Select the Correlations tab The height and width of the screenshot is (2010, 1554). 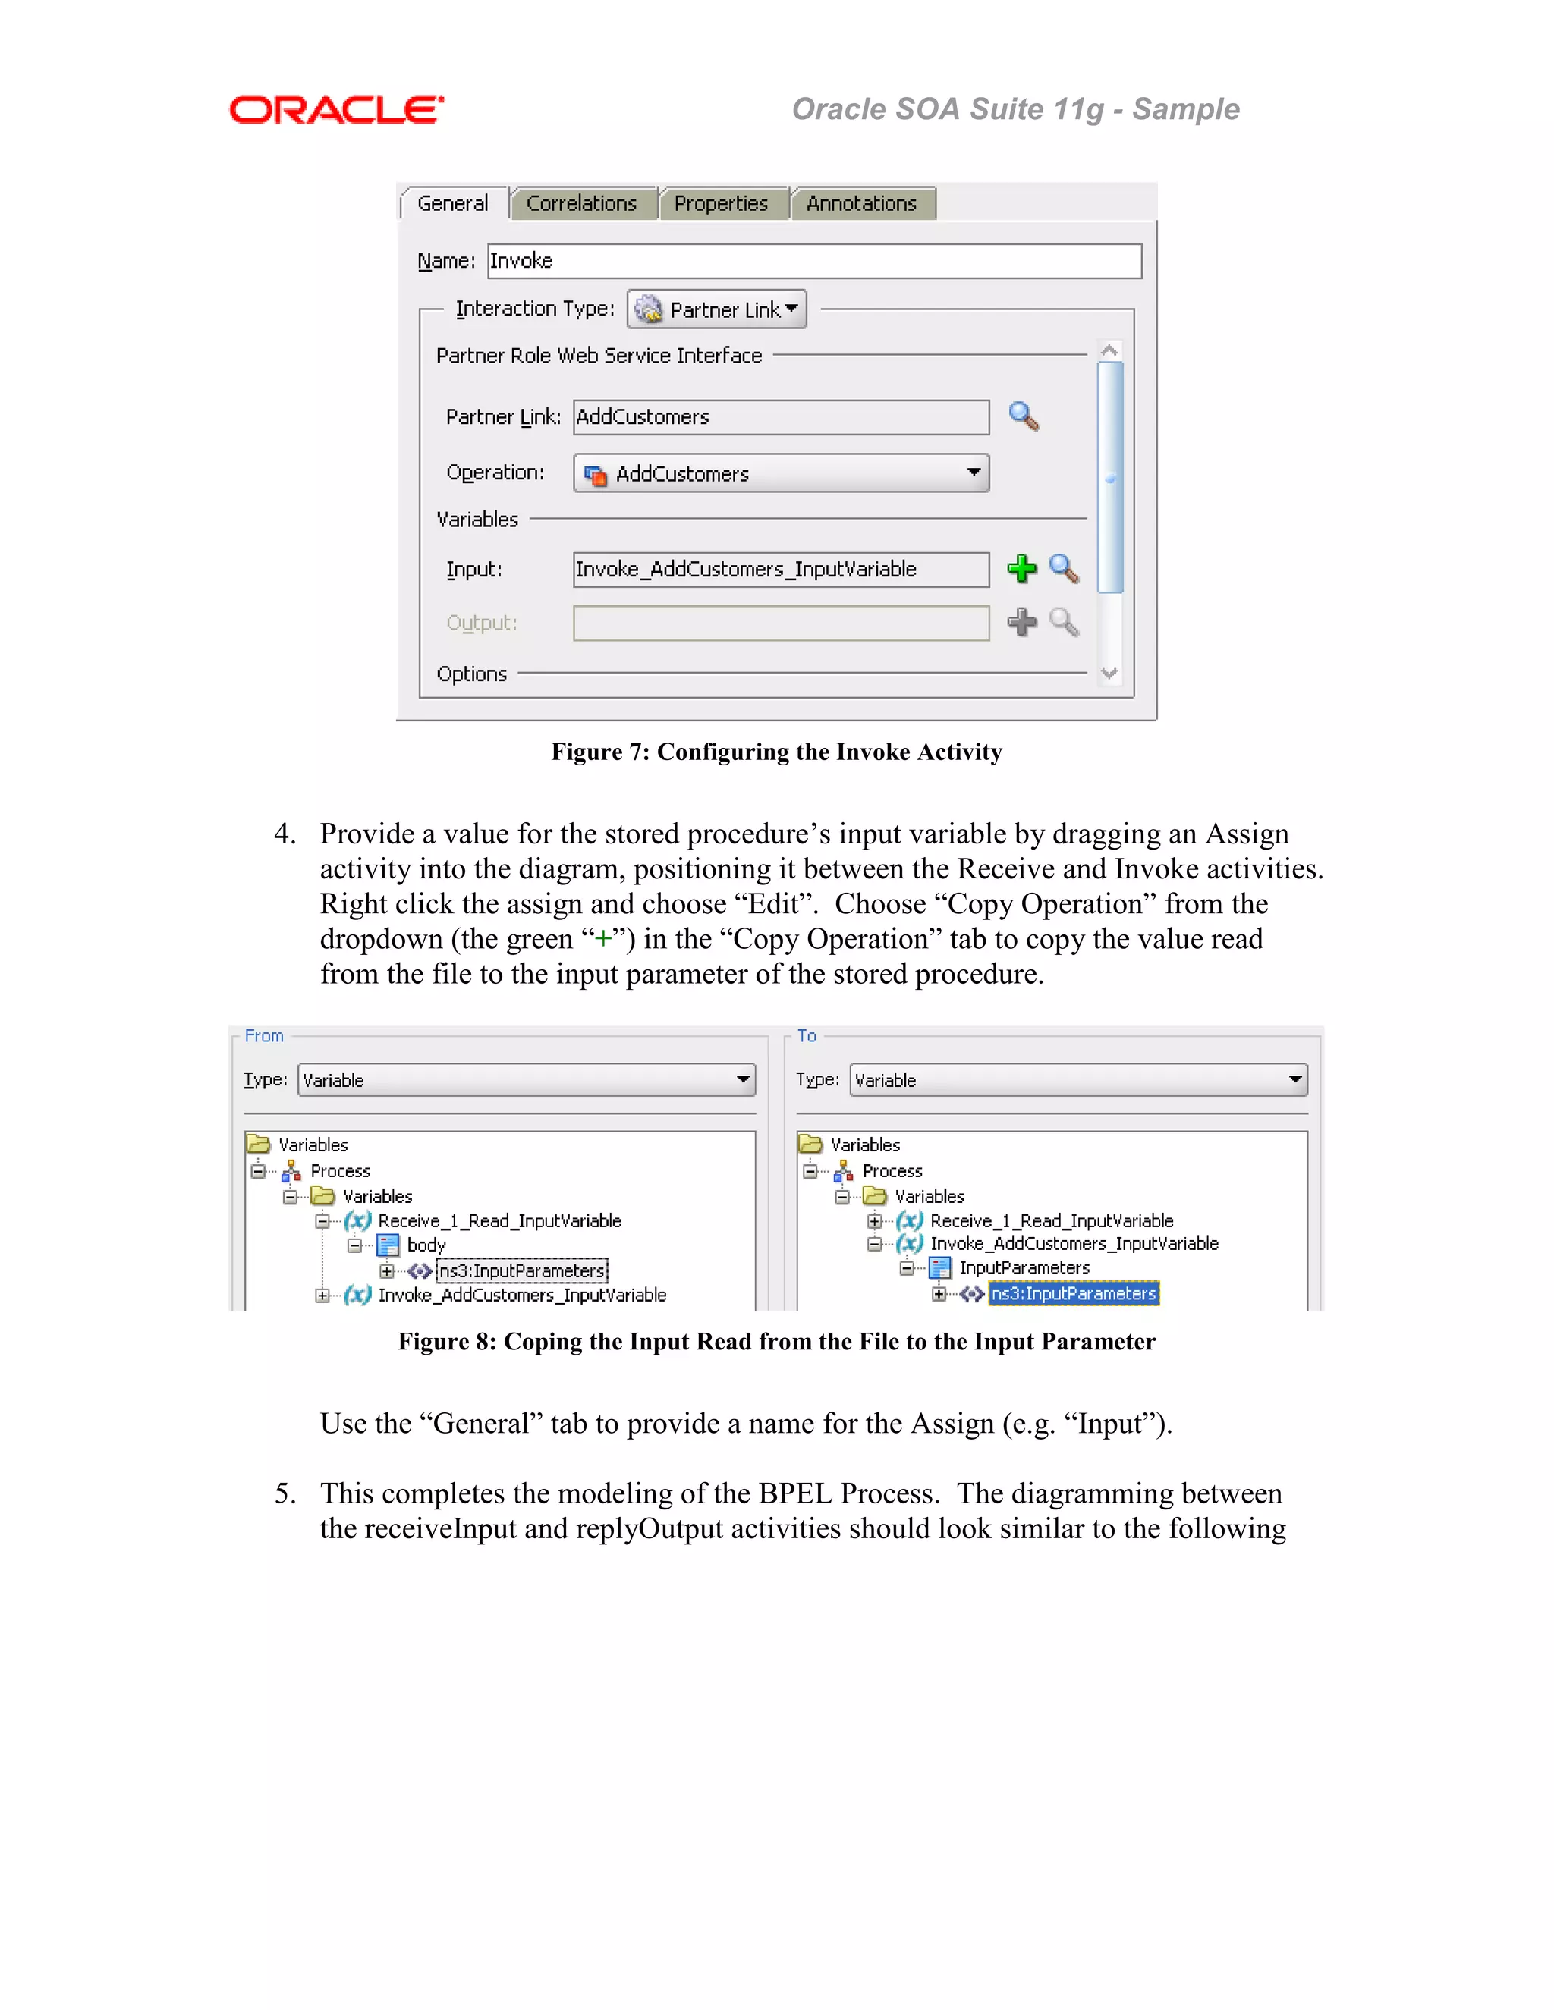[x=581, y=203]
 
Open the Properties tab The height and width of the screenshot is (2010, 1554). [x=720, y=203]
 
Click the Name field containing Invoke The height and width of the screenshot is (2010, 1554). [x=814, y=260]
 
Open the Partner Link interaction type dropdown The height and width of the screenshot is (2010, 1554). [x=717, y=309]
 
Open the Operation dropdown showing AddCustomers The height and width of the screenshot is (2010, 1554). [x=781, y=473]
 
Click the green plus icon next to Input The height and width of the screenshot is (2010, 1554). [x=1021, y=569]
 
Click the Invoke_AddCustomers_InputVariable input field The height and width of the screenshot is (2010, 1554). [x=781, y=569]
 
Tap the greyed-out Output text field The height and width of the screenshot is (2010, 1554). [x=781, y=623]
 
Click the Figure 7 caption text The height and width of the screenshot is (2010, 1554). [x=776, y=752]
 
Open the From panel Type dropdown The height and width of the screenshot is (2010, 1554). [x=527, y=1079]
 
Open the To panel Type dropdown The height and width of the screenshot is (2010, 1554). [x=1078, y=1079]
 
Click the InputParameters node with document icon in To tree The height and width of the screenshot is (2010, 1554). [x=1023, y=1268]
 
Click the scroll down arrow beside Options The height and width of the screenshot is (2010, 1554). [x=1109, y=673]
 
